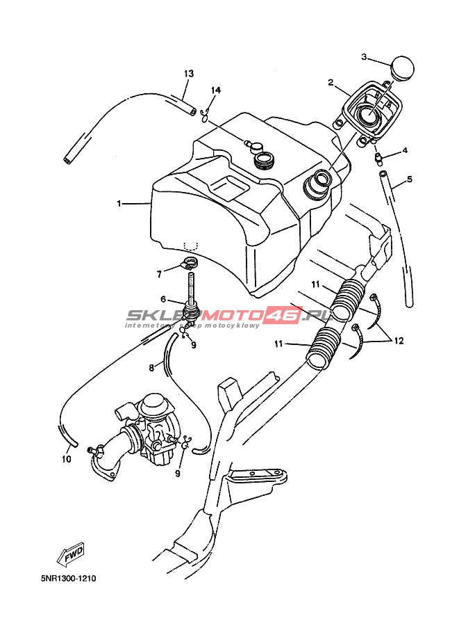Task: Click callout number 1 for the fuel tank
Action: coord(119,204)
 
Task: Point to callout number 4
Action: coord(405,150)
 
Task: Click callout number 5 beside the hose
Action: coord(409,179)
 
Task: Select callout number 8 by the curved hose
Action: coord(151,367)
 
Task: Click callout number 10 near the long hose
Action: coord(67,458)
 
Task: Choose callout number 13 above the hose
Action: coord(188,74)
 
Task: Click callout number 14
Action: coord(216,90)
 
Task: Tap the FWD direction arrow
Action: coord(70,555)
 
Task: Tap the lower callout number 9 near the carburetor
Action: coord(178,474)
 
